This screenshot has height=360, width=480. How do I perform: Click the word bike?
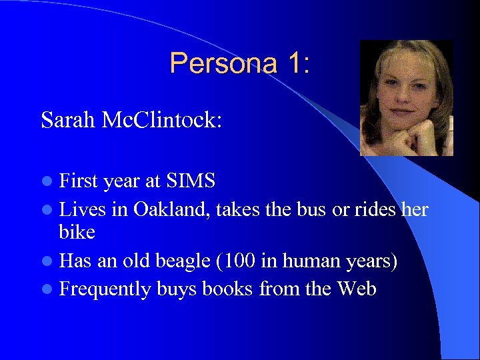(x=77, y=232)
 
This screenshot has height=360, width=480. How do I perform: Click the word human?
(x=312, y=261)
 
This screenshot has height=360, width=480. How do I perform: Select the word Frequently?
(x=105, y=289)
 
